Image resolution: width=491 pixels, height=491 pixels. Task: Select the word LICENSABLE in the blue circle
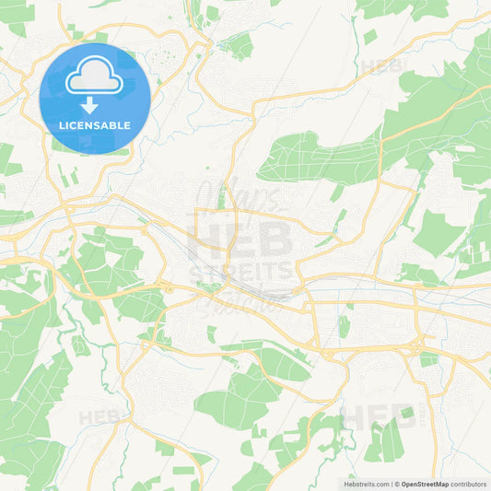coord(94,124)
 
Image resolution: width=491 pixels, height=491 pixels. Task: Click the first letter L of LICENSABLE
coord(61,124)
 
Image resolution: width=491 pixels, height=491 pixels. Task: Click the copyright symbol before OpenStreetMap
coord(397,483)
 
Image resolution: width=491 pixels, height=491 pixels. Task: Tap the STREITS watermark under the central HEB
coord(241,271)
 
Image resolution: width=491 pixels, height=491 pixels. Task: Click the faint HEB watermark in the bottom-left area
coord(100,416)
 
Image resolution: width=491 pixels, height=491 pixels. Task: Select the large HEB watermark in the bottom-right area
coord(378,417)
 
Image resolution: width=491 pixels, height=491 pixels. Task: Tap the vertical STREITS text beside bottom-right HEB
coord(423,417)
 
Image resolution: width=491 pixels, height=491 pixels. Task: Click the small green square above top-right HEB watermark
coord(369,37)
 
